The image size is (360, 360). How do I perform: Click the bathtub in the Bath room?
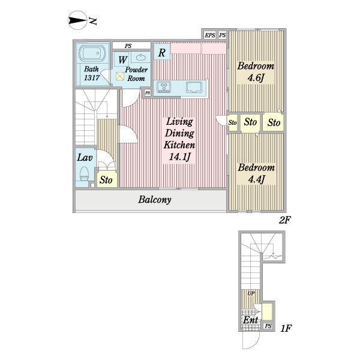tap(92, 53)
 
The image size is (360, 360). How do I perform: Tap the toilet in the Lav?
tap(84, 173)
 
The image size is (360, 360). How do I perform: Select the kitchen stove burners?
tap(164, 87)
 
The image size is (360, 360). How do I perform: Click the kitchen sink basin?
tap(194, 87)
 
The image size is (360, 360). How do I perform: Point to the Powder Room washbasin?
tap(140, 57)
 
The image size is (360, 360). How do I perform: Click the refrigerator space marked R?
tap(162, 52)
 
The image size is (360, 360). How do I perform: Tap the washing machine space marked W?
tap(122, 59)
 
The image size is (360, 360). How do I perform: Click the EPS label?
tap(210, 35)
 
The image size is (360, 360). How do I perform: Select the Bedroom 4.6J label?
tap(256, 72)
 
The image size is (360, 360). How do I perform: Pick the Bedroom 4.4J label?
tap(256, 173)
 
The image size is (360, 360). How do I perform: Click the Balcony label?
tap(155, 200)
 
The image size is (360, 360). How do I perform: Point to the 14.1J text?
tap(180, 157)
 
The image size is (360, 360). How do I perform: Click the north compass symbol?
tap(78, 20)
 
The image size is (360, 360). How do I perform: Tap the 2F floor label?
tap(284, 220)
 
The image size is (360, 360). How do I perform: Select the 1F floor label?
tap(286, 328)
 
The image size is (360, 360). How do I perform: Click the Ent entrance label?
tap(250, 320)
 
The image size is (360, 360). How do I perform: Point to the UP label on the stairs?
tap(251, 293)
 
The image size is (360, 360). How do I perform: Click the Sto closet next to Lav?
tap(106, 180)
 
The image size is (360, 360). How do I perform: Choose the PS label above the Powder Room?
tap(128, 46)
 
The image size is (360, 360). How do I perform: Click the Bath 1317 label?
tap(92, 73)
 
